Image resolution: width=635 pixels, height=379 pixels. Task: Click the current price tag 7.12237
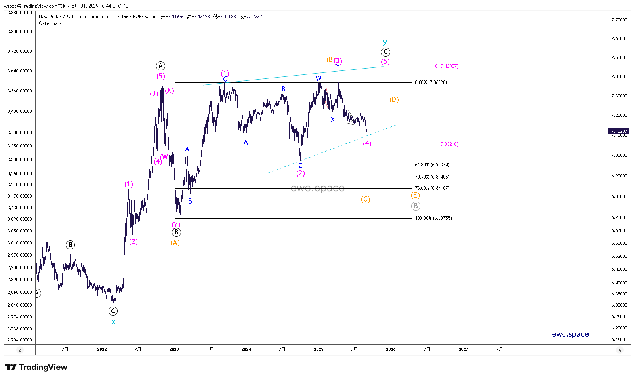pos(619,131)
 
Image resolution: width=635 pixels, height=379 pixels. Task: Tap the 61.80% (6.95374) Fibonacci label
pos(432,165)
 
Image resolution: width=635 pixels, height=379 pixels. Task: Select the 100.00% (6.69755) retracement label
pos(433,218)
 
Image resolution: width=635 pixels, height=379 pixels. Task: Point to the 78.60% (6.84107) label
pos(432,188)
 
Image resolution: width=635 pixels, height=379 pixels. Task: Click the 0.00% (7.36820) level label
pos(431,82)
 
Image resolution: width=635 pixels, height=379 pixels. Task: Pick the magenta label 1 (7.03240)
pos(446,144)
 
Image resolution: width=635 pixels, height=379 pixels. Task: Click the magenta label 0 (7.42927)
pos(446,66)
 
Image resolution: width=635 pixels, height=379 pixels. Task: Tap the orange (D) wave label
pos(394,99)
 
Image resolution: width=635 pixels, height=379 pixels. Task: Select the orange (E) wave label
pos(415,195)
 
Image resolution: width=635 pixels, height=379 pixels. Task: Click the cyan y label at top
pos(385,42)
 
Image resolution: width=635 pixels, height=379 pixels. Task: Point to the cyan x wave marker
pos(113,322)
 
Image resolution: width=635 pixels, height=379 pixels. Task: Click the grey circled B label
pos(415,206)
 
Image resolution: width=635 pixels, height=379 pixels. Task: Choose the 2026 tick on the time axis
pos(391,349)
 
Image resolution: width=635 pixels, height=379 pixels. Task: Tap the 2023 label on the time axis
pos(174,349)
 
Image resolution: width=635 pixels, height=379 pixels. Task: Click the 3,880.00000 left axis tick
pos(19,13)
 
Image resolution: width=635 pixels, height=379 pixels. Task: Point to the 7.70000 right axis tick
pos(619,20)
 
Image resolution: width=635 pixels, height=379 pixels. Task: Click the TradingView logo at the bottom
pos(36,367)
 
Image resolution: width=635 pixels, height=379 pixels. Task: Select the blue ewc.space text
pos(570,334)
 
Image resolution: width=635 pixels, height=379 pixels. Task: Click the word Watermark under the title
pos(50,23)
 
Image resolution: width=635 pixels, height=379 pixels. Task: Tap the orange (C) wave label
pos(365,199)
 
